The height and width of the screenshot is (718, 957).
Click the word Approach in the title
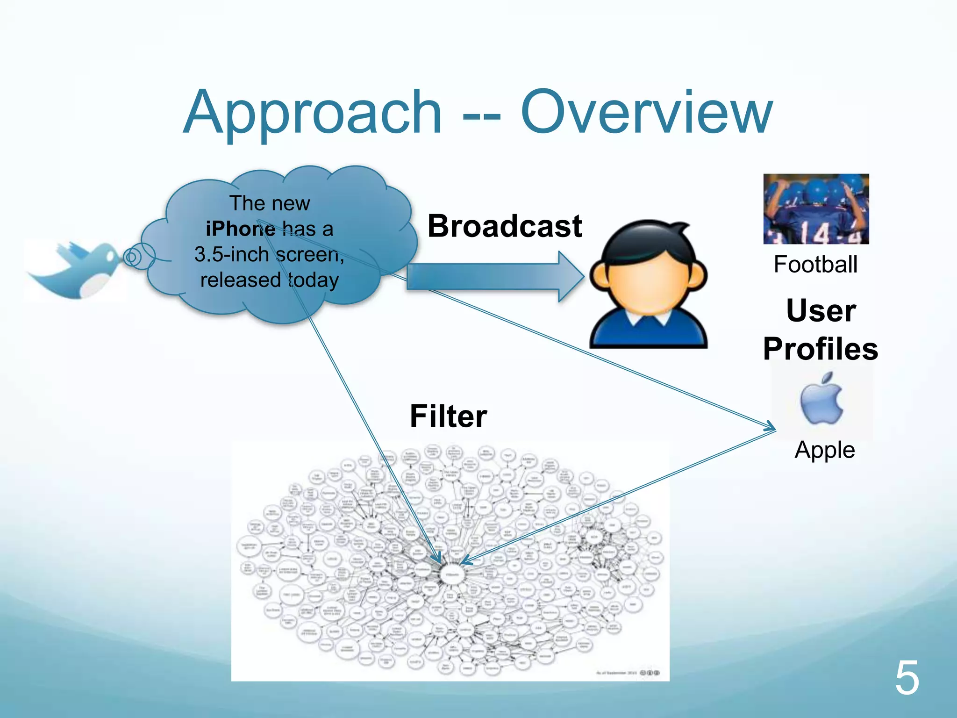tap(312, 114)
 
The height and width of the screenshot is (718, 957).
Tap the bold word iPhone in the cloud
tap(240, 229)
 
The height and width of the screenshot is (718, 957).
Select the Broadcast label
tap(505, 226)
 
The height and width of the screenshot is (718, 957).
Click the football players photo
tap(816, 209)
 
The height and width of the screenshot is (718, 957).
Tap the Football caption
tap(815, 265)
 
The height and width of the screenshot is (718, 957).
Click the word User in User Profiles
tap(821, 310)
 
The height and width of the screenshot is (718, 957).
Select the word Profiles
tap(821, 349)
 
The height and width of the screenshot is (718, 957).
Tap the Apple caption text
tap(825, 450)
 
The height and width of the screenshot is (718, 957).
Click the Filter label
tap(448, 416)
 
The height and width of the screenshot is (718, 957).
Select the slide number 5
tap(907, 678)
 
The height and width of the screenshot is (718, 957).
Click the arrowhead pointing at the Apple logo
tap(770, 426)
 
